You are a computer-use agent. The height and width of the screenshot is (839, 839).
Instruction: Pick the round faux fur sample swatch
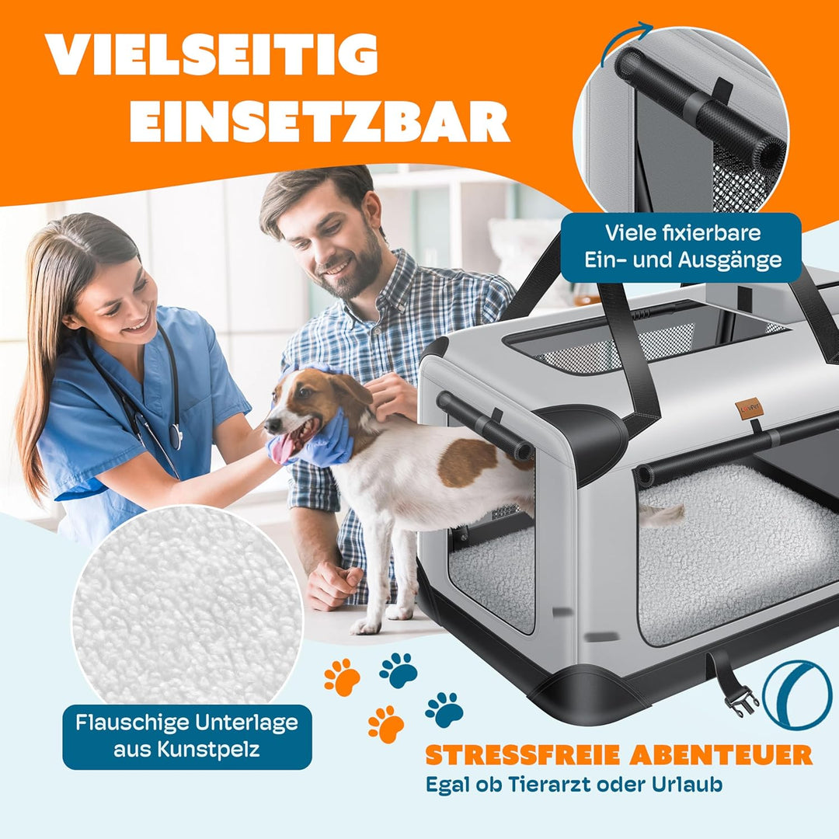(186, 606)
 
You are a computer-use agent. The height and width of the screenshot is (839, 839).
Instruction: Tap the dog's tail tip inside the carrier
(674, 513)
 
